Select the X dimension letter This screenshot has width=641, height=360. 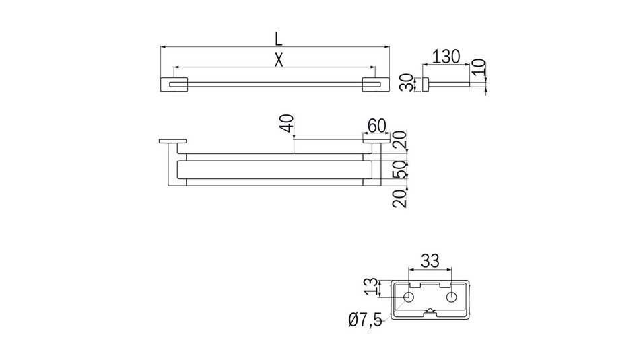click(279, 59)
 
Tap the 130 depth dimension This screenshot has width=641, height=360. click(446, 56)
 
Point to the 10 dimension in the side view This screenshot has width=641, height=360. click(479, 67)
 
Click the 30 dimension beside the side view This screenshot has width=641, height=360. click(405, 83)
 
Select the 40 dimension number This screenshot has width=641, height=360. click(287, 124)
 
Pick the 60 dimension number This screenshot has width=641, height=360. click(376, 125)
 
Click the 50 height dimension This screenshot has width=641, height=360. click(400, 170)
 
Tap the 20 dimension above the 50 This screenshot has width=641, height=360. click(400, 141)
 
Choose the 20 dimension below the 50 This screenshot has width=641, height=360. click(400, 199)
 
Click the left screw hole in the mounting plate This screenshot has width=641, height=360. click(409, 297)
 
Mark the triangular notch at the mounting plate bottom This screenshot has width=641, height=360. click(430, 311)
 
